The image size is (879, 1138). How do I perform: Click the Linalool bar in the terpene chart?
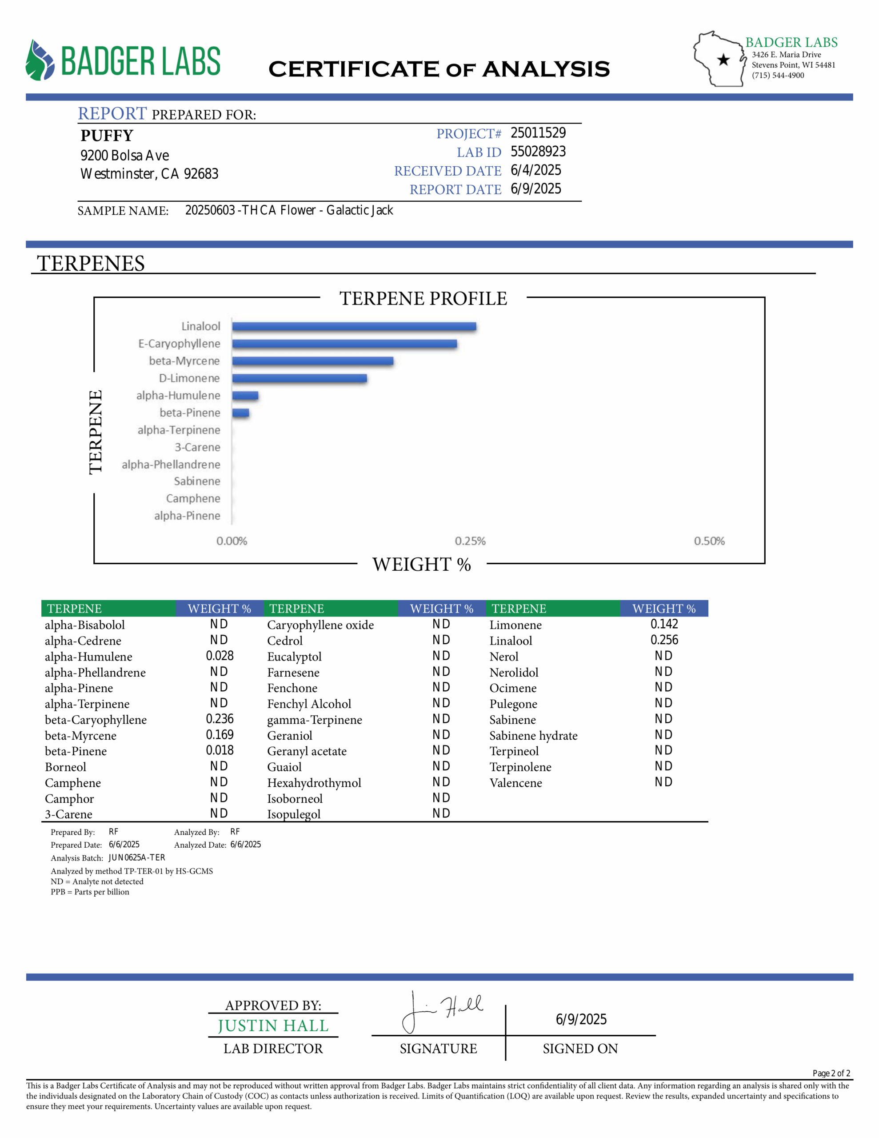[x=354, y=327]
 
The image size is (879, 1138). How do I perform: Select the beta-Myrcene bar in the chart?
[x=312, y=361]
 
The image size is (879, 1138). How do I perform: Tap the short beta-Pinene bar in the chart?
[x=240, y=413]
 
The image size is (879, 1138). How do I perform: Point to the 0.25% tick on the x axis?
[x=470, y=541]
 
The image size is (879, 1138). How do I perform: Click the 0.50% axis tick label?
[x=709, y=541]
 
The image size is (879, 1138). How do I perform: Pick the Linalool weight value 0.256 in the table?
[x=664, y=641]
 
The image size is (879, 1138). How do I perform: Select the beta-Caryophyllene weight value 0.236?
[x=220, y=719]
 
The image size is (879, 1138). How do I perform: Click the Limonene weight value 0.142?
[x=664, y=624]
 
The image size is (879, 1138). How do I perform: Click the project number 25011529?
[x=538, y=133]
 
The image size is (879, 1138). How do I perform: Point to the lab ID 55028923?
[x=538, y=152]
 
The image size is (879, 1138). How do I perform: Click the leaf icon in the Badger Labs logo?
[x=40, y=60]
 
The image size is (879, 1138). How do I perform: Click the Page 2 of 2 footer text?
[x=831, y=1074]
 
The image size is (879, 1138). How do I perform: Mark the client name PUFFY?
[x=107, y=136]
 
